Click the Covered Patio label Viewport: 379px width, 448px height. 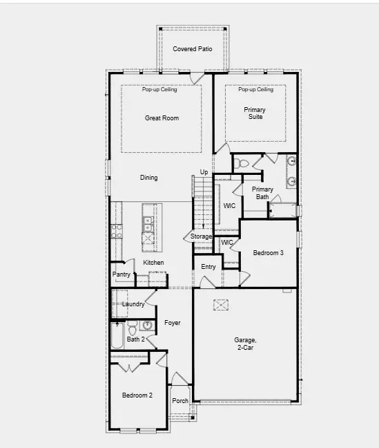193,49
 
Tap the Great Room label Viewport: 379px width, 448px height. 162,118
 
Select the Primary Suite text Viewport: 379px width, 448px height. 255,113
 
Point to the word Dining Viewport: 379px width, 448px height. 149,178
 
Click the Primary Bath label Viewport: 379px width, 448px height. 262,193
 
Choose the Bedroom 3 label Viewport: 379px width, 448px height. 268,253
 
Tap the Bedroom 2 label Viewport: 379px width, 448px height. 137,395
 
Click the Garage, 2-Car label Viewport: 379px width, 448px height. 245,344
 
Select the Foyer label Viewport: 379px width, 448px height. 172,323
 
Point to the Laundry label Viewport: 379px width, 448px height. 133,304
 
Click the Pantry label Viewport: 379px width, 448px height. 122,274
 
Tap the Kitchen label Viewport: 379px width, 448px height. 153,263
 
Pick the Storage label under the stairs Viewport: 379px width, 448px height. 202,237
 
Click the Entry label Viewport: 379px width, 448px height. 208,267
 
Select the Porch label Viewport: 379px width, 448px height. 180,401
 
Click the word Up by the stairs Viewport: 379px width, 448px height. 204,172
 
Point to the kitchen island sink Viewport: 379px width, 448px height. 148,223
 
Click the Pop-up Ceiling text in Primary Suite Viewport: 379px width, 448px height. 255,89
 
